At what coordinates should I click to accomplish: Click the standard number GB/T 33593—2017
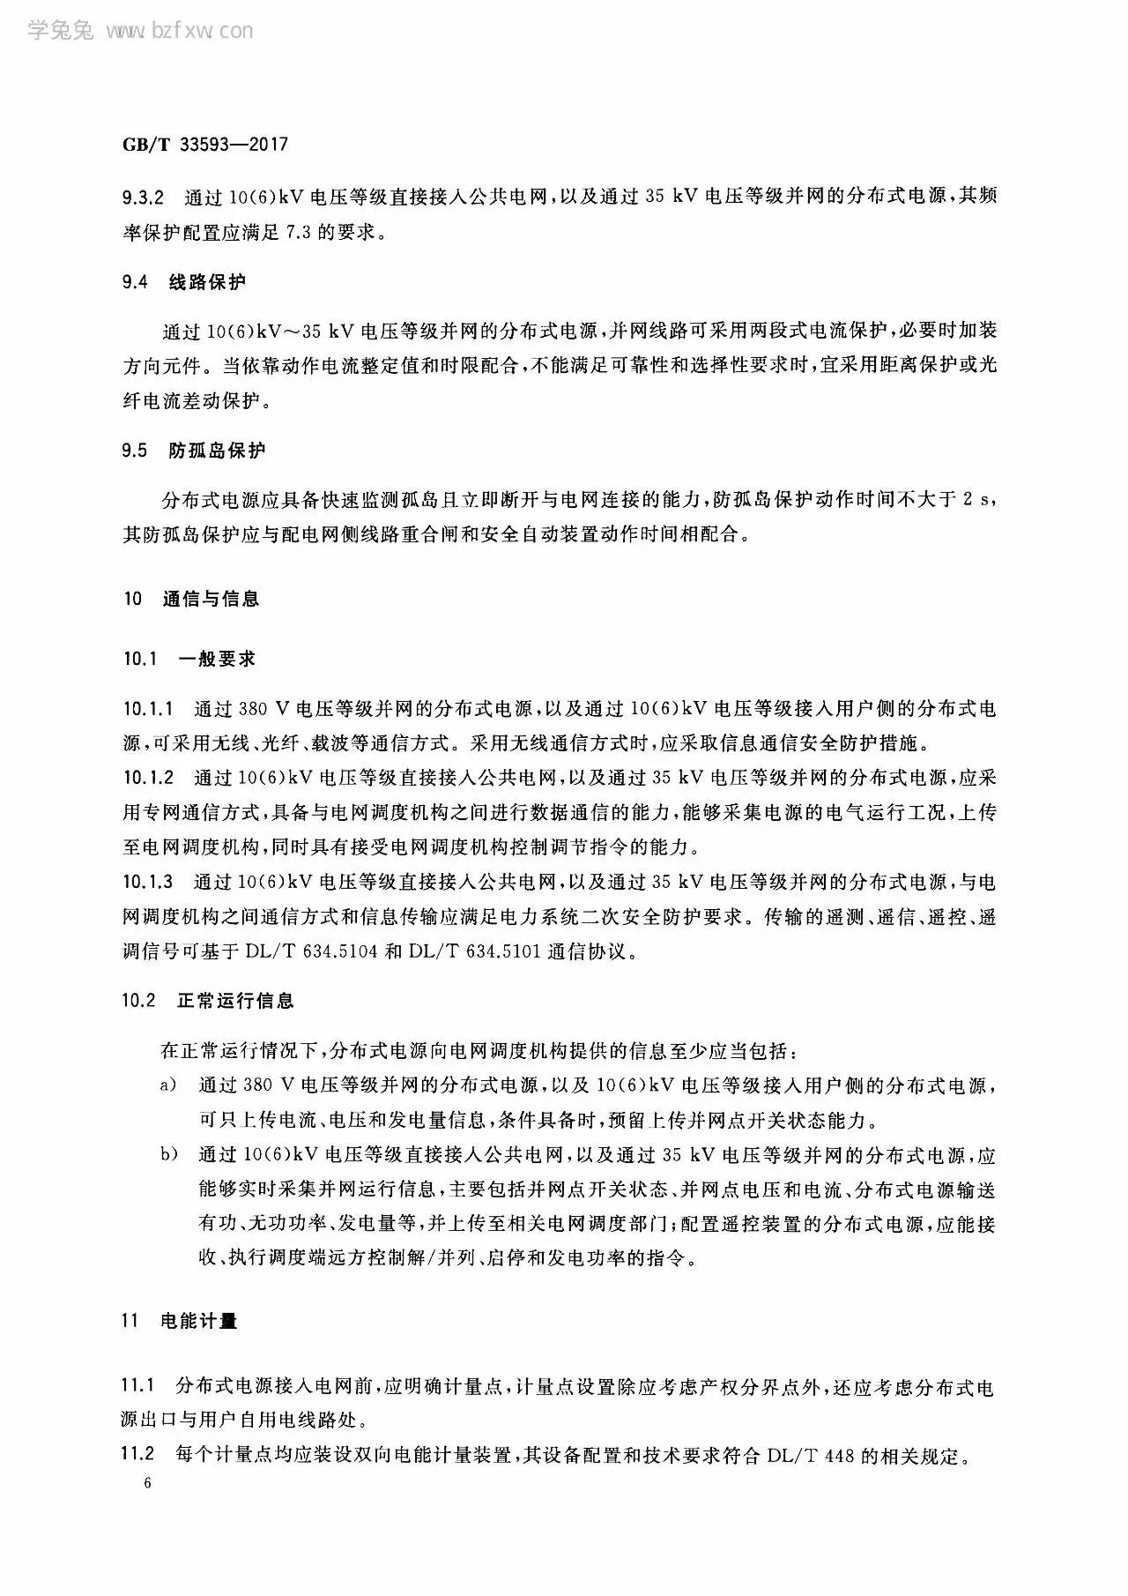click(205, 145)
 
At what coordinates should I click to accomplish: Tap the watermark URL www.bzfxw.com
click(179, 32)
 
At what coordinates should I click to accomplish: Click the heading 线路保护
click(208, 282)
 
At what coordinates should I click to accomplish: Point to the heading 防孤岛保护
click(217, 451)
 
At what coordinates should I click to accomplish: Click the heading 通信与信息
click(211, 599)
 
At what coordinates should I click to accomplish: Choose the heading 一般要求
click(217, 659)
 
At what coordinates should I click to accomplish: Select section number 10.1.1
click(149, 708)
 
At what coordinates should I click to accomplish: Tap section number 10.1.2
click(149, 778)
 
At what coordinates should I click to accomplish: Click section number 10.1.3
click(149, 882)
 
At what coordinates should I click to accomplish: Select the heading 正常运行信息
click(235, 1001)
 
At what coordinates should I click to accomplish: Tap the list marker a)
click(168, 1085)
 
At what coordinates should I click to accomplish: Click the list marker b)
click(168, 1154)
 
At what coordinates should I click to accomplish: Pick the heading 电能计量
click(199, 1321)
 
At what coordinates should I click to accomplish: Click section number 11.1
click(137, 1386)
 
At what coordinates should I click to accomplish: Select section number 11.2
click(137, 1454)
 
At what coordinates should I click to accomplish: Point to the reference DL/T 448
click(812, 1455)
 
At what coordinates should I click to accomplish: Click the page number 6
click(147, 1483)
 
